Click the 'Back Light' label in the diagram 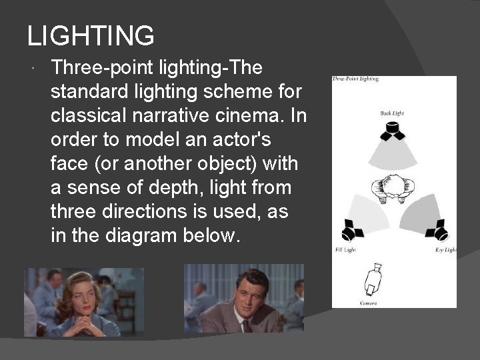(x=392, y=113)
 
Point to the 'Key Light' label (x=445, y=250)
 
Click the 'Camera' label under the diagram (x=368, y=303)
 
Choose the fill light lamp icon (x=351, y=231)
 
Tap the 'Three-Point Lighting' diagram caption (x=355, y=79)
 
